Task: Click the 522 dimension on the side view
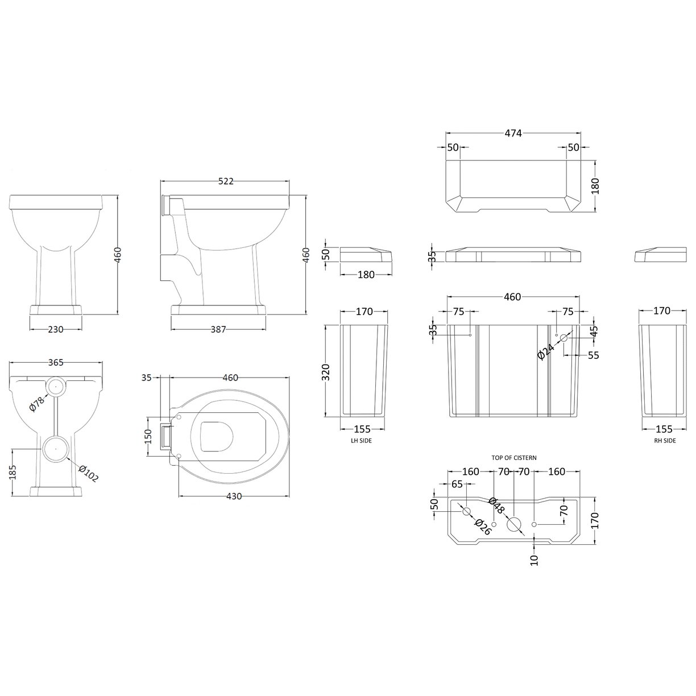point(226,181)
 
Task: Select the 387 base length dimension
point(219,329)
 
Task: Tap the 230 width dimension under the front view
point(56,329)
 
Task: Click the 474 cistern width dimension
point(513,133)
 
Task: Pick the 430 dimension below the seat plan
point(234,496)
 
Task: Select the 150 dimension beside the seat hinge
point(148,436)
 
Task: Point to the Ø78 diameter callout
point(36,404)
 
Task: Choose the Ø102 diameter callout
point(88,473)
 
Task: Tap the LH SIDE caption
point(361,441)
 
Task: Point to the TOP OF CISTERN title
point(514,457)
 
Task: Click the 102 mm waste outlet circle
point(55,448)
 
